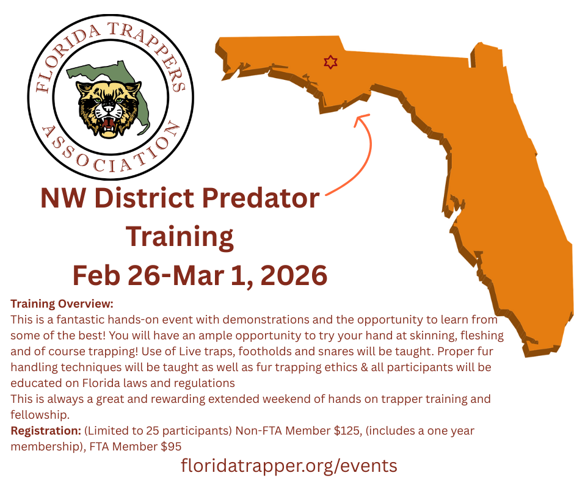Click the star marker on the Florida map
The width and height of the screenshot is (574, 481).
tap(330, 62)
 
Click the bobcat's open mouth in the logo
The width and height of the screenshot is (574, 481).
tap(108, 123)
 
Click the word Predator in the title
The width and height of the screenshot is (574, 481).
tap(261, 198)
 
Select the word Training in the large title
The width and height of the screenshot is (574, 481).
tap(180, 237)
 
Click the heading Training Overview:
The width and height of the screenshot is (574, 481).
tap(62, 304)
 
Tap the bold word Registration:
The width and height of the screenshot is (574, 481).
tap(46, 431)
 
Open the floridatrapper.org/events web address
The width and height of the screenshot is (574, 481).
tap(289, 466)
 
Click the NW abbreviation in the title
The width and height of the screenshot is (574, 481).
tap(63, 198)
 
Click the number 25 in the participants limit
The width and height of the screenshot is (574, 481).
tap(152, 431)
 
